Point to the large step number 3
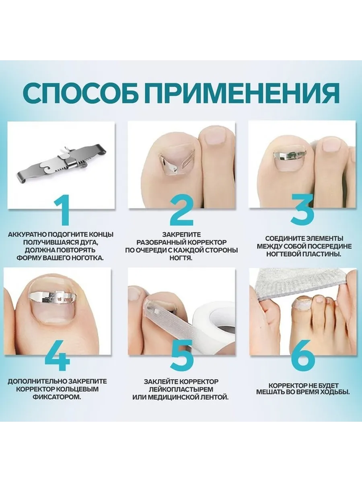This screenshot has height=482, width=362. pyautogui.click(x=302, y=208)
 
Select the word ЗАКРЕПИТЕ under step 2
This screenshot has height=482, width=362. pyautogui.click(x=181, y=235)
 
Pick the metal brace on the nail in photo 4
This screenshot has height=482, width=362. pyautogui.click(x=52, y=297)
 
